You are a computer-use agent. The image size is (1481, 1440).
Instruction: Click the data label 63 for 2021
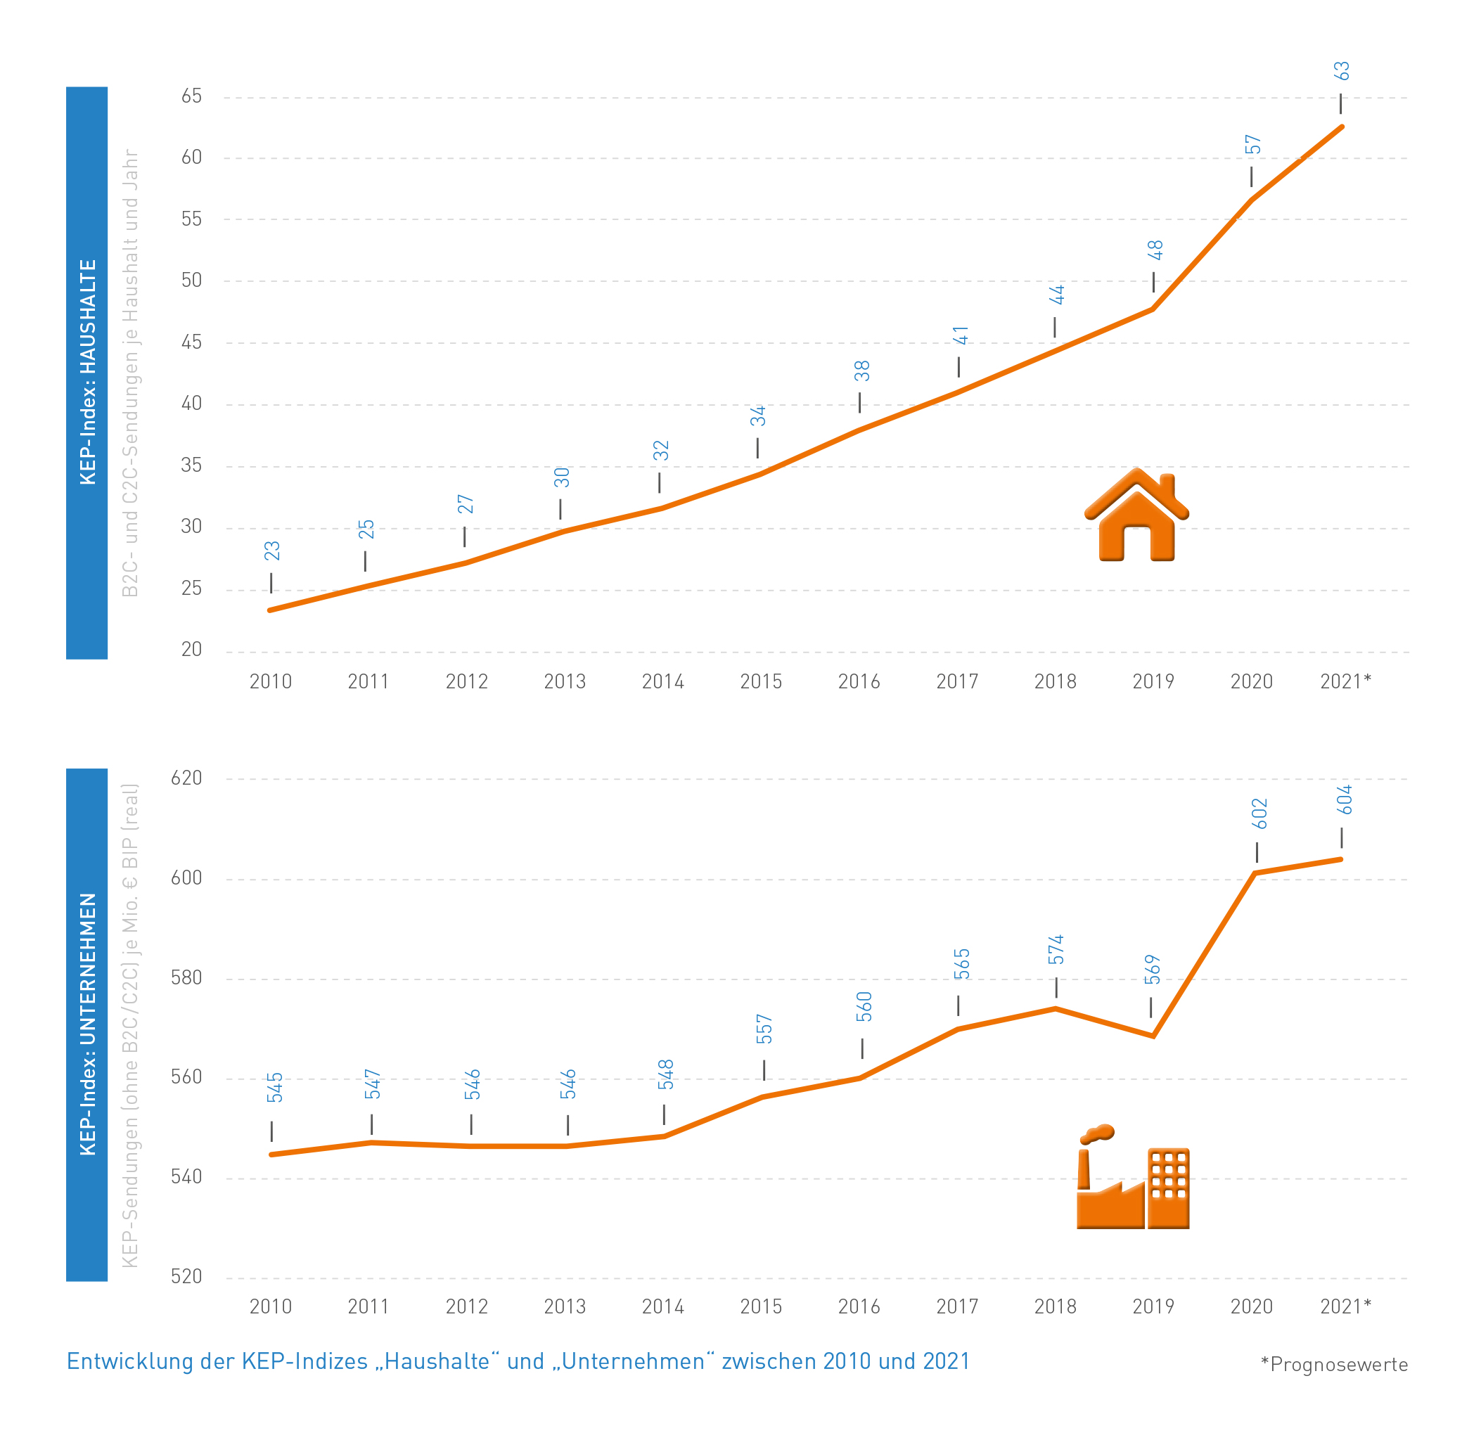click(x=1340, y=71)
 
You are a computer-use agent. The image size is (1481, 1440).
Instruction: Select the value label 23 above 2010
click(x=272, y=551)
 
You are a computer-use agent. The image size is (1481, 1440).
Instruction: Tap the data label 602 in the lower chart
click(x=1259, y=814)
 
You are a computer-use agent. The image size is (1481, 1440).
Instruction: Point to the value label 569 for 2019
click(x=1152, y=970)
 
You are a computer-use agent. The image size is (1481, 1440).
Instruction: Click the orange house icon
click(x=1136, y=516)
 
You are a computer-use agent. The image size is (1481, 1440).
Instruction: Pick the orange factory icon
click(x=1132, y=1178)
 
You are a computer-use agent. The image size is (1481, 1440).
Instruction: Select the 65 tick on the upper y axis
click(x=191, y=96)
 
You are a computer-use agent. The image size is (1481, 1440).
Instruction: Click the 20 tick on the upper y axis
click(x=191, y=650)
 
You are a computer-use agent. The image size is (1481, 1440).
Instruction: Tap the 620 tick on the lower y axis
click(x=186, y=778)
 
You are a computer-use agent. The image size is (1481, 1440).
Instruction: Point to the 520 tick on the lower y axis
click(x=186, y=1278)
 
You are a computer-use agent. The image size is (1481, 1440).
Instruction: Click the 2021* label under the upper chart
click(x=1345, y=682)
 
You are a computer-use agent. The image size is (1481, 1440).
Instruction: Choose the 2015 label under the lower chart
click(x=761, y=1307)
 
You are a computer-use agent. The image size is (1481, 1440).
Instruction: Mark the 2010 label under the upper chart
click(x=271, y=682)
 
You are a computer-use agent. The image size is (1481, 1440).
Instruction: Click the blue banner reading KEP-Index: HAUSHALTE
click(x=87, y=372)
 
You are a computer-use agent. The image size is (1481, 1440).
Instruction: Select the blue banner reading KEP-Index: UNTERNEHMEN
click(x=87, y=1024)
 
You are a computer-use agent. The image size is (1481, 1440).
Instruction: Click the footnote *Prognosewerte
click(x=1333, y=1365)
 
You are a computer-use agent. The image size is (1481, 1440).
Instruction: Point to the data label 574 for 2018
click(x=1056, y=950)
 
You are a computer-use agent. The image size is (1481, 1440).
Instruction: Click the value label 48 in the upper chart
click(x=1155, y=250)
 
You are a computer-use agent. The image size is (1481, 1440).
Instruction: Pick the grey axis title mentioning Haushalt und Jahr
click(x=130, y=372)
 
